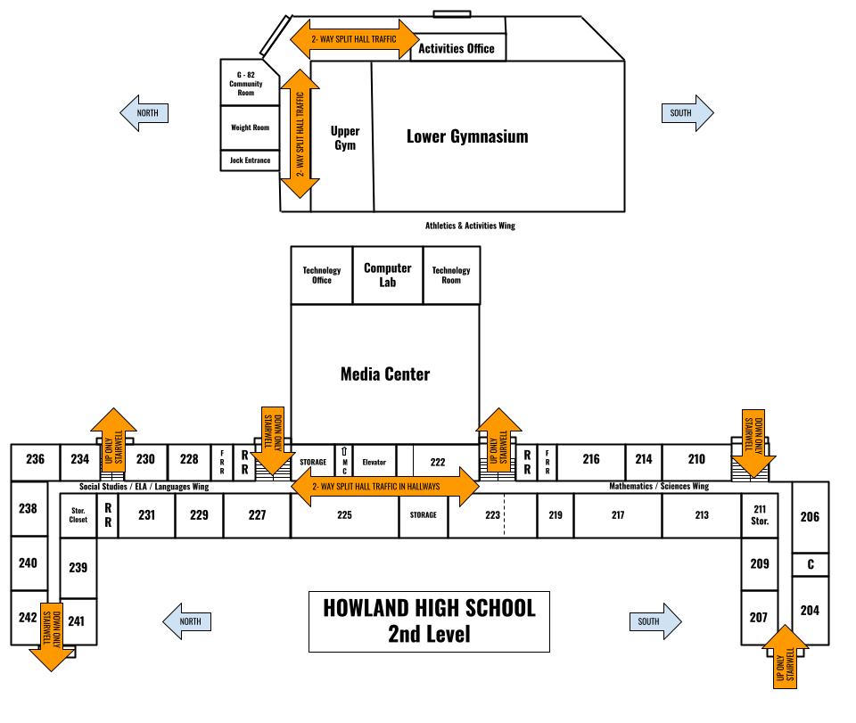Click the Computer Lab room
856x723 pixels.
[387, 275]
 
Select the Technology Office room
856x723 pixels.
[322, 275]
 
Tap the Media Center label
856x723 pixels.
[385, 374]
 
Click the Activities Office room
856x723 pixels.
[457, 48]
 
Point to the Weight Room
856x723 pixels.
[250, 127]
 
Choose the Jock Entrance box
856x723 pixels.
[250, 160]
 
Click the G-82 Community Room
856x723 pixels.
[245, 83]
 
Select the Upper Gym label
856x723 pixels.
[344, 137]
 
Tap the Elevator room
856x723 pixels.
[374, 462]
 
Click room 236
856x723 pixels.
[35, 459]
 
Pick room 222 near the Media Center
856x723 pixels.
[437, 462]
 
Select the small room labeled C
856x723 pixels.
[811, 564]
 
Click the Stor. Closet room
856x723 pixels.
[78, 516]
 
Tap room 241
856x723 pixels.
[77, 621]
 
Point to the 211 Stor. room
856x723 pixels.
[760, 514]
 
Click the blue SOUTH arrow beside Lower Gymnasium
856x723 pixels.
[687, 113]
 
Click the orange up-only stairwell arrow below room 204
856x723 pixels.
[786, 656]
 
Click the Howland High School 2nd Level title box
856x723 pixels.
[429, 620]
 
